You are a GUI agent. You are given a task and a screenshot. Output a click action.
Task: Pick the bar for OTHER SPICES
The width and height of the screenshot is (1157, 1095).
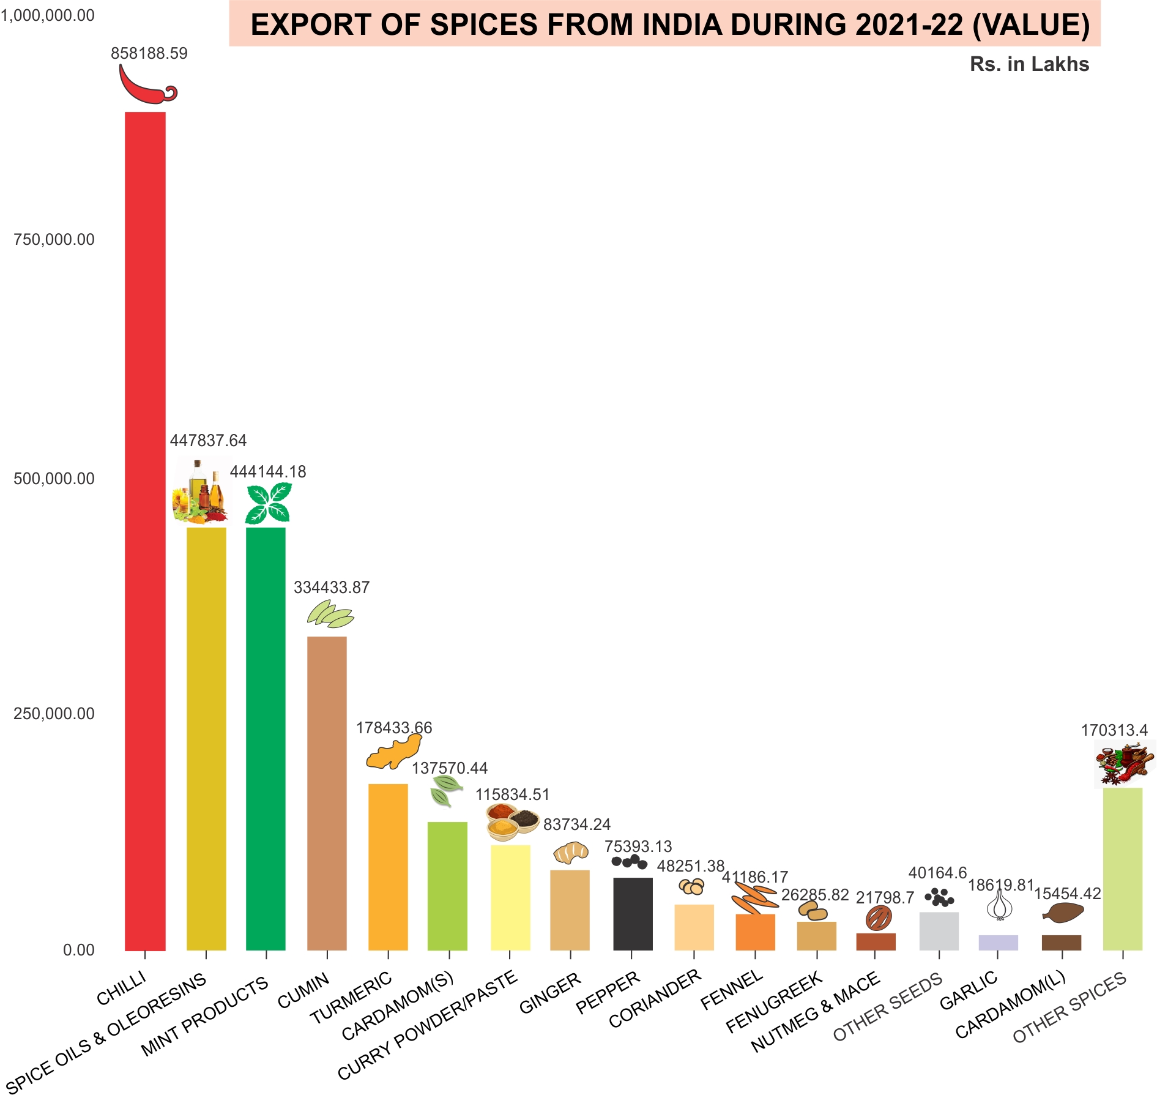coord(1122,869)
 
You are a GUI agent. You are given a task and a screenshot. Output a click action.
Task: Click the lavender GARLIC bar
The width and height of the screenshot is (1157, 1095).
coord(998,942)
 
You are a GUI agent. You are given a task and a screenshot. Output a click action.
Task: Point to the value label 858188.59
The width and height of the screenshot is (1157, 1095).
coord(149,54)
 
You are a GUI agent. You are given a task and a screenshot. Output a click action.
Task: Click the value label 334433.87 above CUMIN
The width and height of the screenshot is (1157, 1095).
coord(332,588)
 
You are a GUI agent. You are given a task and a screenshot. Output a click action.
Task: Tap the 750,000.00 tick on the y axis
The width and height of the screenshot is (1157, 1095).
coord(54,240)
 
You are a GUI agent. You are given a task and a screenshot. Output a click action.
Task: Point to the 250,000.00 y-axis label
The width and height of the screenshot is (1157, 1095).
coord(54,714)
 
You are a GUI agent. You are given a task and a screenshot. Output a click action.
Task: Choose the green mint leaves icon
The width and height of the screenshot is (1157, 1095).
coord(268,503)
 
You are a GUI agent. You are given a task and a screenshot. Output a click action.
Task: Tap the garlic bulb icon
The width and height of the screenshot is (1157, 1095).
coord(999,905)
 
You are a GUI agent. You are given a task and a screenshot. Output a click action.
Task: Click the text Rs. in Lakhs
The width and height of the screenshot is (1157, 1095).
coord(1029,65)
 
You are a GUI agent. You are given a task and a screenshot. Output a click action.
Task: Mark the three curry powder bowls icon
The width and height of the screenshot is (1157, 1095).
coord(512,821)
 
